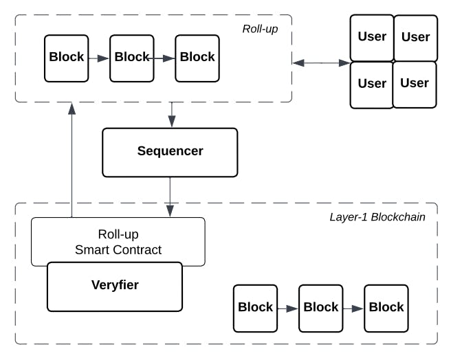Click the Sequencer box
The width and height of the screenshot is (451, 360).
pos(170,152)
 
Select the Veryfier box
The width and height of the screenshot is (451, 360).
pos(114,285)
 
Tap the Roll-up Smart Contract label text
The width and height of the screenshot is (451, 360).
pos(118,242)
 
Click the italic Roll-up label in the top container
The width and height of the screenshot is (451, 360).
pos(260,29)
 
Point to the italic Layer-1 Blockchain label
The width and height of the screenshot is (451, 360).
pos(377,217)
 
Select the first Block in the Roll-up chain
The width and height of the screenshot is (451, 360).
pos(67,58)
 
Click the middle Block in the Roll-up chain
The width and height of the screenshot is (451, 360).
pos(132,58)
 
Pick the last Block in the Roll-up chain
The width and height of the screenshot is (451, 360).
pos(197,58)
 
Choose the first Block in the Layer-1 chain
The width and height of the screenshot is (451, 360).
pos(255,308)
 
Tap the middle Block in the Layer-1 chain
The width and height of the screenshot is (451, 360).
pos(320,308)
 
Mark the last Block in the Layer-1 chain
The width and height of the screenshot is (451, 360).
pos(386,308)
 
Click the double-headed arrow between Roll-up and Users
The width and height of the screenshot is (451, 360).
pos(321,63)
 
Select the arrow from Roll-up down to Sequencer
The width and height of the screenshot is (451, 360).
pos(171,115)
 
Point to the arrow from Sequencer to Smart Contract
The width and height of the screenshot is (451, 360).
pos(170,196)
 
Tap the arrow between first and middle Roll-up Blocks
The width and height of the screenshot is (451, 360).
pos(99,58)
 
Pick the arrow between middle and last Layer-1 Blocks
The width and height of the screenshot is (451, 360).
pos(353,308)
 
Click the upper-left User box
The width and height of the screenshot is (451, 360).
pos(372,38)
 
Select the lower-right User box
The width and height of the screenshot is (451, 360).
pos(415,84)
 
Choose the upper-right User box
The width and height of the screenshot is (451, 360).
pos(415,38)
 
